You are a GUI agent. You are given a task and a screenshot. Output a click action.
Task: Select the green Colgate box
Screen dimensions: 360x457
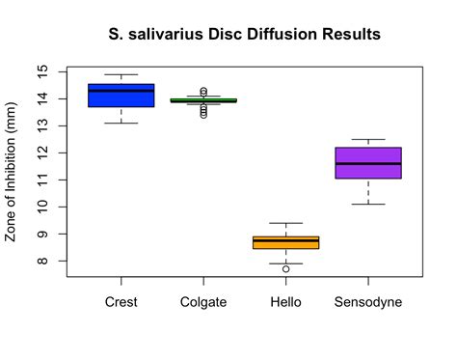pos(203,100)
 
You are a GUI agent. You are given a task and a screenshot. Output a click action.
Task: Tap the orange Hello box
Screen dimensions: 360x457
pos(285,242)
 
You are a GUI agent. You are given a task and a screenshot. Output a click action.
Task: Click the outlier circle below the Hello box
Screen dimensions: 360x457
pos(286,269)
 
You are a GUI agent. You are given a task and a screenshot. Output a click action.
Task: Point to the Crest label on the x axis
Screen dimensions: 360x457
pos(121,302)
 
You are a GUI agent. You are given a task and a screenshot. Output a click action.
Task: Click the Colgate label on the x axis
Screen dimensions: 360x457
pos(203,302)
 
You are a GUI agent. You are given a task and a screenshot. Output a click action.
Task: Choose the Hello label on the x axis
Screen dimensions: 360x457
pos(285,302)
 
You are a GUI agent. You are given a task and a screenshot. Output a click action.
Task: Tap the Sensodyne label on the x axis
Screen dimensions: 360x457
pos(368,302)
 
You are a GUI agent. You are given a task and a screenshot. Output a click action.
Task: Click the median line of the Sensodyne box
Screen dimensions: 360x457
pos(368,163)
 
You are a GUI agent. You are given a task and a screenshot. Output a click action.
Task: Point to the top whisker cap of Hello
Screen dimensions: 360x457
pos(285,223)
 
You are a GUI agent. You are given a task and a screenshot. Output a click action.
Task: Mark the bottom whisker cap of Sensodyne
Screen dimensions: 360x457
pos(368,204)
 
